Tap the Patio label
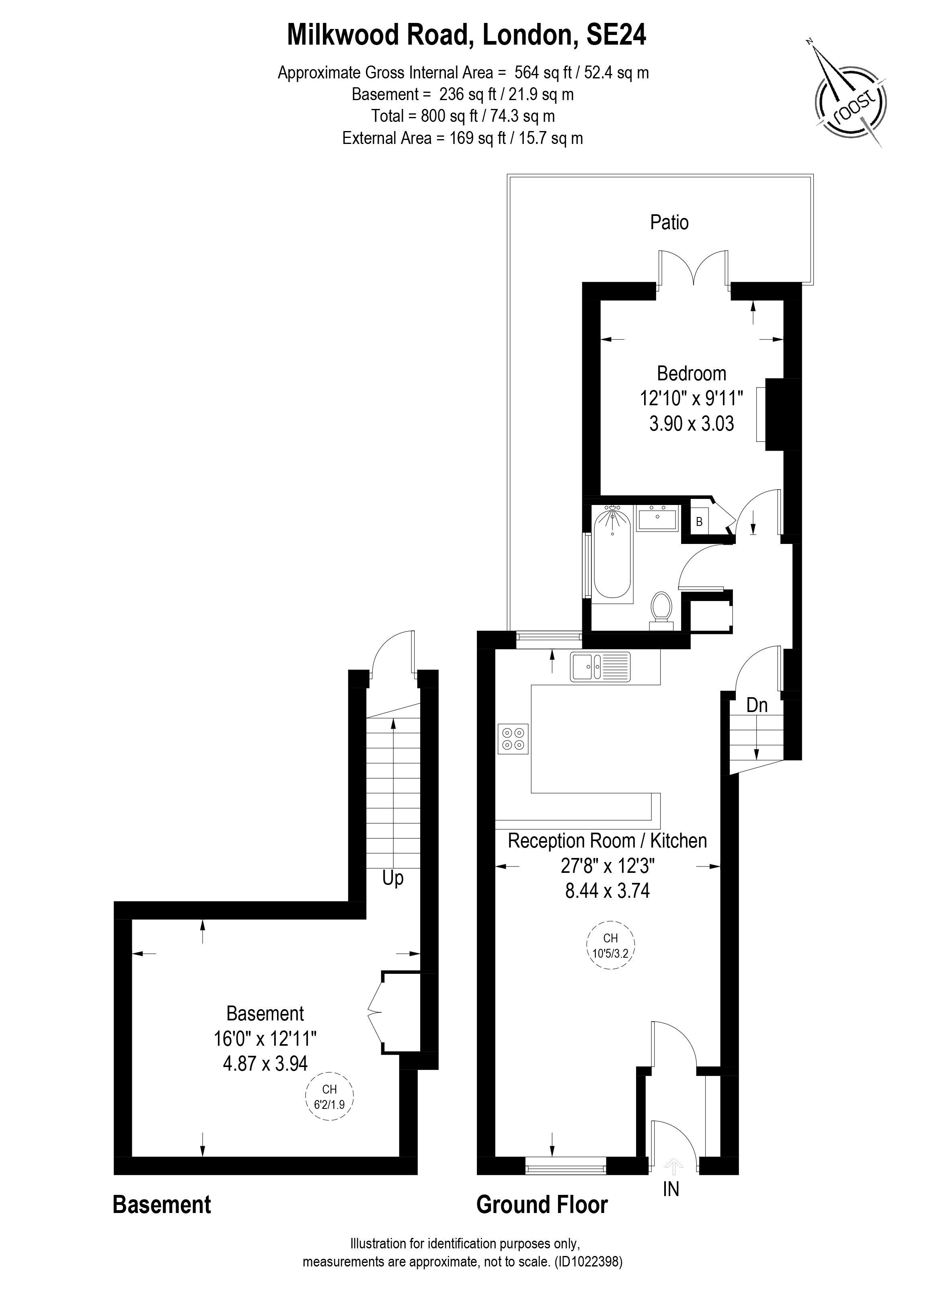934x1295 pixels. click(x=669, y=222)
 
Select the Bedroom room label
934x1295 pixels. click(x=692, y=374)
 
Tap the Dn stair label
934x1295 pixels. click(x=757, y=705)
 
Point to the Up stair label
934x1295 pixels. click(x=393, y=878)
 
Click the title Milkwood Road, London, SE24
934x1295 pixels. click(x=466, y=35)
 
